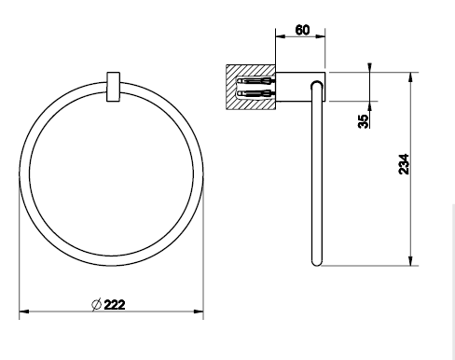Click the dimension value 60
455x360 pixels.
302,30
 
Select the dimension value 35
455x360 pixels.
364,121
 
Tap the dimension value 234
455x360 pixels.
404,164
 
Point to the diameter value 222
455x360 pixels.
115,305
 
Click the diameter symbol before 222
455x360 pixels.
97,304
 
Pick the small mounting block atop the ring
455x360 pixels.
113,87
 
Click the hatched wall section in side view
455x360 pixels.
251,87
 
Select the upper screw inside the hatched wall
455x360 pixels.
255,81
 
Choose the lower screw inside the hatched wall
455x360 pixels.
255,93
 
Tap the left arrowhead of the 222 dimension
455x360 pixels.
24,312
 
